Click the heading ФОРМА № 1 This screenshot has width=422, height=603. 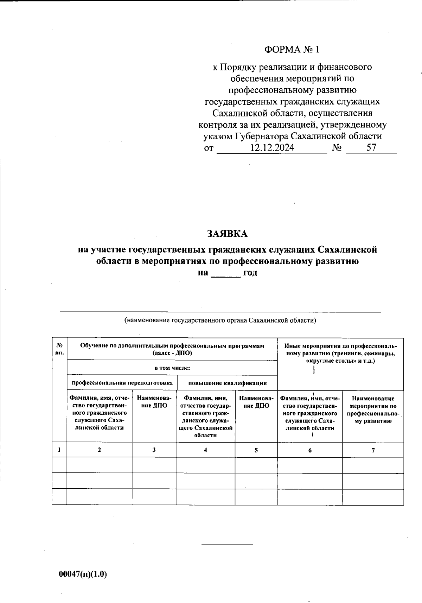coord(292,50)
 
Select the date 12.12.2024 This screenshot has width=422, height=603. coord(272,148)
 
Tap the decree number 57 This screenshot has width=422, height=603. coord(371,148)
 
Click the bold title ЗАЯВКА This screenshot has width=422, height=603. coord(228,234)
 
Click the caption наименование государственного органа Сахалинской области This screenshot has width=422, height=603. coord(220,320)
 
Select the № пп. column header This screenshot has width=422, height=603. coord(59,349)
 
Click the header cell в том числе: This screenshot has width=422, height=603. coord(172,368)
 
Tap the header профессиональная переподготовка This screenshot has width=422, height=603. coord(122,383)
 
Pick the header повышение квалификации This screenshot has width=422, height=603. coord(228,383)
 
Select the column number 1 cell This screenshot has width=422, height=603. coord(59,450)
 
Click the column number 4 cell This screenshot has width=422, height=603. coord(205,450)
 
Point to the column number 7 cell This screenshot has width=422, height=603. coord(373,450)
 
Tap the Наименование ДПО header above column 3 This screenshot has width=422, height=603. coord(154,402)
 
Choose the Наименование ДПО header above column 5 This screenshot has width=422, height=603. coord(256,402)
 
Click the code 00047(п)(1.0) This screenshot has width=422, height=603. coord(83,574)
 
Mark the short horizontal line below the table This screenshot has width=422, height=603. coord(227,545)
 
